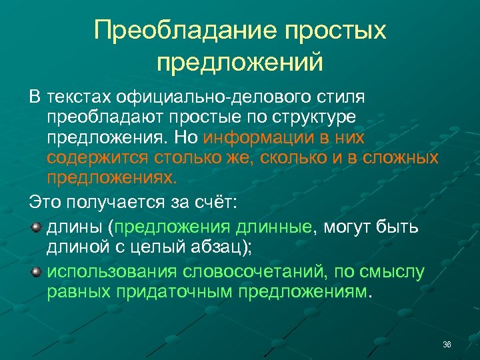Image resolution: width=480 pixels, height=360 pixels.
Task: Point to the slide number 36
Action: pos(447,344)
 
